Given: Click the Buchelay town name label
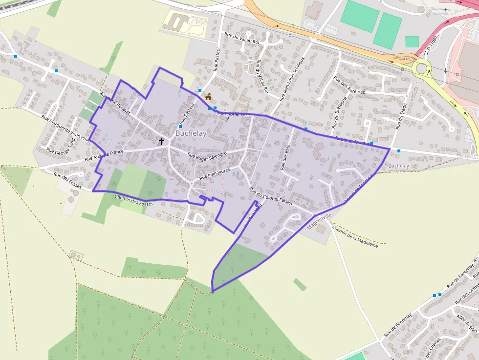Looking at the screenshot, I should click(x=191, y=133).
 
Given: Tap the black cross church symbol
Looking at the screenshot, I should click(x=161, y=142).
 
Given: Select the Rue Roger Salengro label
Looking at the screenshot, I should click(x=208, y=156).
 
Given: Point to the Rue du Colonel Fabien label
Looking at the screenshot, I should click(x=271, y=195).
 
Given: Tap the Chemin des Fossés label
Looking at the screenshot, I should click(x=133, y=200).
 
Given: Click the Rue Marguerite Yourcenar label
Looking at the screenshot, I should click(x=66, y=128).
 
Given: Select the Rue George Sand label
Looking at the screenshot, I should click(x=61, y=145).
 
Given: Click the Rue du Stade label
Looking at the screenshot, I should click(x=400, y=117).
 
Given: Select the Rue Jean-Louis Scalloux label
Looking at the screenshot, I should click(x=292, y=78).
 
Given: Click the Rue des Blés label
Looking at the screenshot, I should click(x=285, y=157).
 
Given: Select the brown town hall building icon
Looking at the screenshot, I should click(x=209, y=96).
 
